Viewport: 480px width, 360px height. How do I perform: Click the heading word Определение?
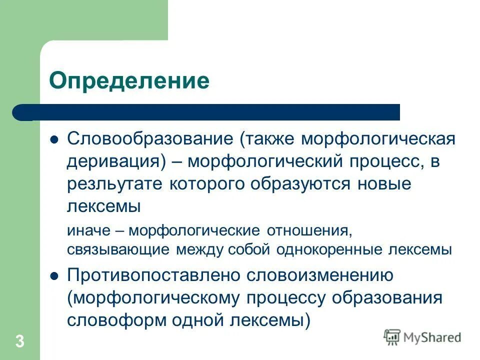(128, 80)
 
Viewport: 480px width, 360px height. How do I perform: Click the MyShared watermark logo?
(422, 337)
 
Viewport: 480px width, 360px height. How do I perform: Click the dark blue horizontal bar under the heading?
(210, 112)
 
